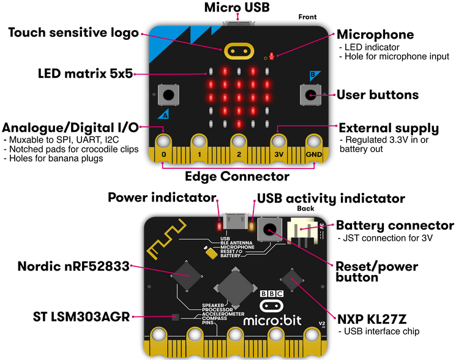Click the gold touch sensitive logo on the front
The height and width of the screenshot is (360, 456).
(x=239, y=51)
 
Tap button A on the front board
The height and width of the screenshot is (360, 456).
(x=168, y=94)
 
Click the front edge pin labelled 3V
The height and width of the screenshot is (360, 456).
(x=278, y=148)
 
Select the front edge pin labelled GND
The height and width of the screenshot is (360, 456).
(x=314, y=148)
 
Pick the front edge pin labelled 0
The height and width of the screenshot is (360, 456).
(x=163, y=148)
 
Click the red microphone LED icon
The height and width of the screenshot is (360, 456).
(x=272, y=56)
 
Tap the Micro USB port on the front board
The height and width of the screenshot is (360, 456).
(x=238, y=23)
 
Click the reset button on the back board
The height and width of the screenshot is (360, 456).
(x=270, y=230)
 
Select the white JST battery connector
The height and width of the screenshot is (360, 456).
(x=301, y=230)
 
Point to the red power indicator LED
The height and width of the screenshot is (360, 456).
(x=219, y=226)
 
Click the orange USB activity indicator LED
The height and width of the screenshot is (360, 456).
(x=252, y=226)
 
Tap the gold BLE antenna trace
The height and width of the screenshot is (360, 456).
(x=166, y=239)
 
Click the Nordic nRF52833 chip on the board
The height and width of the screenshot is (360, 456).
(x=187, y=276)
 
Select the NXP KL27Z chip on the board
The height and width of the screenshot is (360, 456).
(x=292, y=280)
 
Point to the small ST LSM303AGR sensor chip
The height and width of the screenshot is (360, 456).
(x=176, y=317)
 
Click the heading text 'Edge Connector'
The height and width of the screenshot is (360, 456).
(x=237, y=176)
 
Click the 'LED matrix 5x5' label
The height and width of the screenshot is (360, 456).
(x=85, y=73)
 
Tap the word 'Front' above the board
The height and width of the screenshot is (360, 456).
(x=307, y=17)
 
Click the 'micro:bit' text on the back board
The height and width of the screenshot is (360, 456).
(x=272, y=320)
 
